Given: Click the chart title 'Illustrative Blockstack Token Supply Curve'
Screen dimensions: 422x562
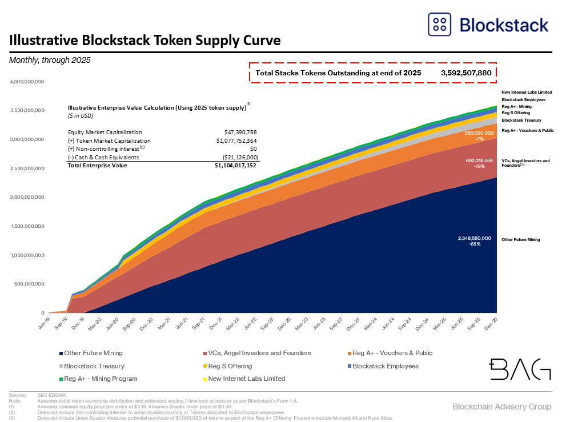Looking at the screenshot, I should pyautogui.click(x=144, y=41).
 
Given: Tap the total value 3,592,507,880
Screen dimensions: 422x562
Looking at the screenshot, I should pyautogui.click(x=466, y=73).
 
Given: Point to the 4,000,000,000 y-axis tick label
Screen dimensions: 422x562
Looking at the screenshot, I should pyautogui.click(x=27, y=82).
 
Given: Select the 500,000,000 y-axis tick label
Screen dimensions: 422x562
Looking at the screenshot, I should pyautogui.click(x=29, y=284).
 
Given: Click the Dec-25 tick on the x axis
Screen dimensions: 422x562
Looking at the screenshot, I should pyautogui.click(x=491, y=323).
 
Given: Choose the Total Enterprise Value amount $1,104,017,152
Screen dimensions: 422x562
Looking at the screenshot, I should pyautogui.click(x=235, y=166).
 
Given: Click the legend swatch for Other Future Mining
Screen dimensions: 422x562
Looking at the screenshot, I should pyautogui.click(x=60, y=353).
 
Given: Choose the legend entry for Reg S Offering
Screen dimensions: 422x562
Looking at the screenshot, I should pyautogui.click(x=230, y=366).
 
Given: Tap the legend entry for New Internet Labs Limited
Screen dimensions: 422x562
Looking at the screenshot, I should pyautogui.click(x=247, y=379).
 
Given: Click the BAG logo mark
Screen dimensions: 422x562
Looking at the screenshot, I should pyautogui.click(x=520, y=369).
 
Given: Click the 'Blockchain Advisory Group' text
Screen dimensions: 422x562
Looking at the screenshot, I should pyautogui.click(x=502, y=407).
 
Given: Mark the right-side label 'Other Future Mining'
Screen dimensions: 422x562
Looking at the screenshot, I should pyautogui.click(x=520, y=240).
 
